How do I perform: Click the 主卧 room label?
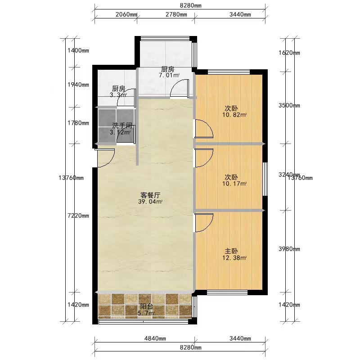231,251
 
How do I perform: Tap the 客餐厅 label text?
150,195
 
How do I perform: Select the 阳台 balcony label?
147,306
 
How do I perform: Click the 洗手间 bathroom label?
122,126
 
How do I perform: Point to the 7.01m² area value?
169,75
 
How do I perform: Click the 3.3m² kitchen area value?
118,94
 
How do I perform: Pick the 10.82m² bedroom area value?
234,115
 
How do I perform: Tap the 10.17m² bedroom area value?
234,184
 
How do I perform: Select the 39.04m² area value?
150,202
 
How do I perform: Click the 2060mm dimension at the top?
126,14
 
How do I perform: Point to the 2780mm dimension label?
176,14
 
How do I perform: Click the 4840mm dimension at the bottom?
155,338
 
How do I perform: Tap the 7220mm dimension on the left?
78,216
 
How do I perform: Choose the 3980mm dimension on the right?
289,249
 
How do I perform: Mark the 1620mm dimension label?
289,53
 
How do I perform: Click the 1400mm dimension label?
78,50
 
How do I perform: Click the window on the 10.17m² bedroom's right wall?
265,179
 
